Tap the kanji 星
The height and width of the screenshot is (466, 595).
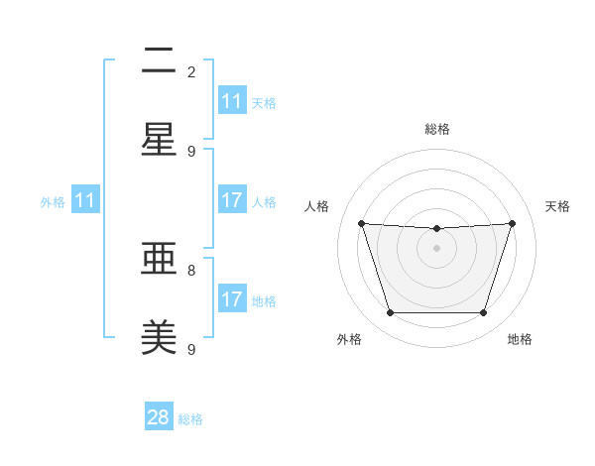click(159, 140)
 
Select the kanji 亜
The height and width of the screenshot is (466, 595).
click(159, 260)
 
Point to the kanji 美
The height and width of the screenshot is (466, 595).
click(159, 338)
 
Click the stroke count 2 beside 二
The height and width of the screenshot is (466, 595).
click(191, 71)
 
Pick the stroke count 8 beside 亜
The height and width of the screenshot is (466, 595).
click(191, 270)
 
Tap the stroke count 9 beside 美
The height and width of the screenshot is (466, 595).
click(191, 349)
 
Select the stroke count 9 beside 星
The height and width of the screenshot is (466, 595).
click(191, 151)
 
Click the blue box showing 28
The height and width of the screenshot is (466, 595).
click(159, 417)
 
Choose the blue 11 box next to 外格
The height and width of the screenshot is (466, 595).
click(85, 200)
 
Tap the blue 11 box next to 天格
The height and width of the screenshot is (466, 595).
click(232, 101)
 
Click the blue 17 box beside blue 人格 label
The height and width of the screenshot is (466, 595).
click(232, 200)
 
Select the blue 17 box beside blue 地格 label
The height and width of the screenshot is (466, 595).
click(232, 299)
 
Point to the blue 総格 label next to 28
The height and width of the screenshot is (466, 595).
click(190, 419)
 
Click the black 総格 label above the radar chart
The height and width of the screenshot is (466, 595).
click(437, 129)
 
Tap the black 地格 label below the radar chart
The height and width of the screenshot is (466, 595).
click(520, 339)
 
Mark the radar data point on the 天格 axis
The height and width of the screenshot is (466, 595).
click(513, 223)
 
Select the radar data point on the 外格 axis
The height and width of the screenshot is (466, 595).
click(390, 313)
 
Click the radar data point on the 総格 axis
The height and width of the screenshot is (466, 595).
click(437, 229)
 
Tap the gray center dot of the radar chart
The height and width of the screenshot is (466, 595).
click(437, 248)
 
